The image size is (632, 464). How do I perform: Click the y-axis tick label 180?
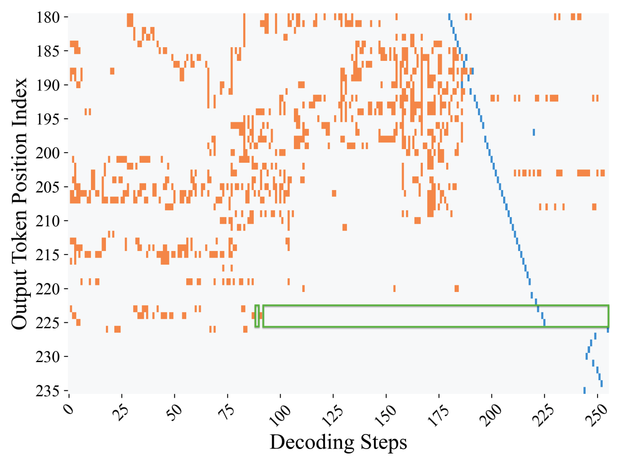(x=48, y=17)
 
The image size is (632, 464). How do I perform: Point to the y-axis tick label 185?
(x=48, y=51)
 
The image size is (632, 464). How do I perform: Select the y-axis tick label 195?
(x=48, y=119)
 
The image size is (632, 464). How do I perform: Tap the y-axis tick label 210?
(x=48, y=221)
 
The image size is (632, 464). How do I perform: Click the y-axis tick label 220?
(x=48, y=289)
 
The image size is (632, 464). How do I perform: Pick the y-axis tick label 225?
(x=48, y=323)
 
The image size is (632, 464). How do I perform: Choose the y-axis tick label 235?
(x=48, y=391)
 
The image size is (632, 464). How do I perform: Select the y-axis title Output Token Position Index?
(x=20, y=204)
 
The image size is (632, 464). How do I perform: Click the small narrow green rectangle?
(x=257, y=316)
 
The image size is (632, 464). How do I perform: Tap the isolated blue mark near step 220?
(x=534, y=132)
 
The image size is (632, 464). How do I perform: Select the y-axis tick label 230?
(x=48, y=357)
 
